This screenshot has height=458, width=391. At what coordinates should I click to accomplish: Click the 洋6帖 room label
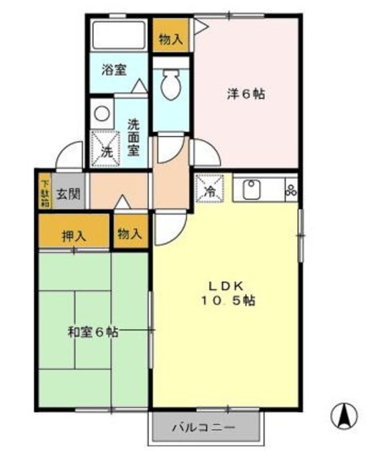click(x=246, y=94)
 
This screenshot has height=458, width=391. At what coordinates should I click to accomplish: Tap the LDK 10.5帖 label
click(x=227, y=293)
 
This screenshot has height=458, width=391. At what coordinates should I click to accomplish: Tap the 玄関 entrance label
click(x=69, y=193)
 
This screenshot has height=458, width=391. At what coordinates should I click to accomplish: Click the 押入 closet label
click(x=74, y=234)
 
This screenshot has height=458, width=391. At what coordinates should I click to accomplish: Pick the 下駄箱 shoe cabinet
click(x=44, y=193)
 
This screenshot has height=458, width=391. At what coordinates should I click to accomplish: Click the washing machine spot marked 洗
click(x=106, y=150)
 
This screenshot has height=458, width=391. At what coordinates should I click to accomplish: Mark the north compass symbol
click(x=344, y=413)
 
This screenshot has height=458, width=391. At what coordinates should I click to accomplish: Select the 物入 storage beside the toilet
click(x=170, y=39)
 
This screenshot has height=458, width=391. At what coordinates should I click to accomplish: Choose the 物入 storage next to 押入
click(x=130, y=233)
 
